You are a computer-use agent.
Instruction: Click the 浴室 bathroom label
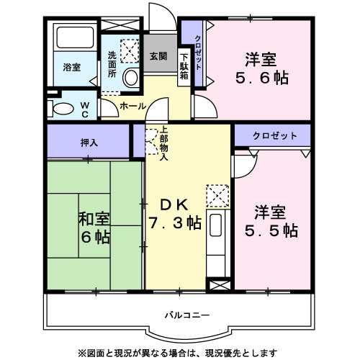71,67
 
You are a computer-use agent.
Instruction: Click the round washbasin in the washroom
130,78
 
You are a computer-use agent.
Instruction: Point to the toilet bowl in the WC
63,109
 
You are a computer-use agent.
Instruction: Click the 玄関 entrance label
158,55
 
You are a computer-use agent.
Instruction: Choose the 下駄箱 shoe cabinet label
184,65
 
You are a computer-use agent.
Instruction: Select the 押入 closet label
90,143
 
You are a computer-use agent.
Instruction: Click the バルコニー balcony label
186,315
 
